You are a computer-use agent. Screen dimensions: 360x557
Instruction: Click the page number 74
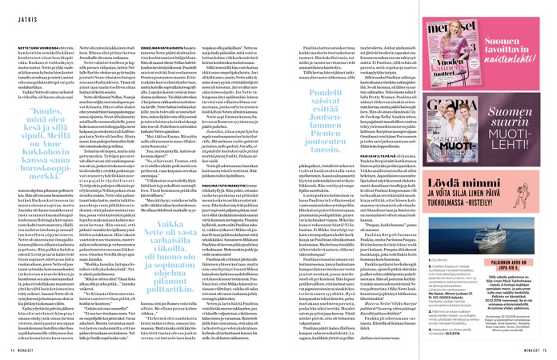(x=10, y=350)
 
